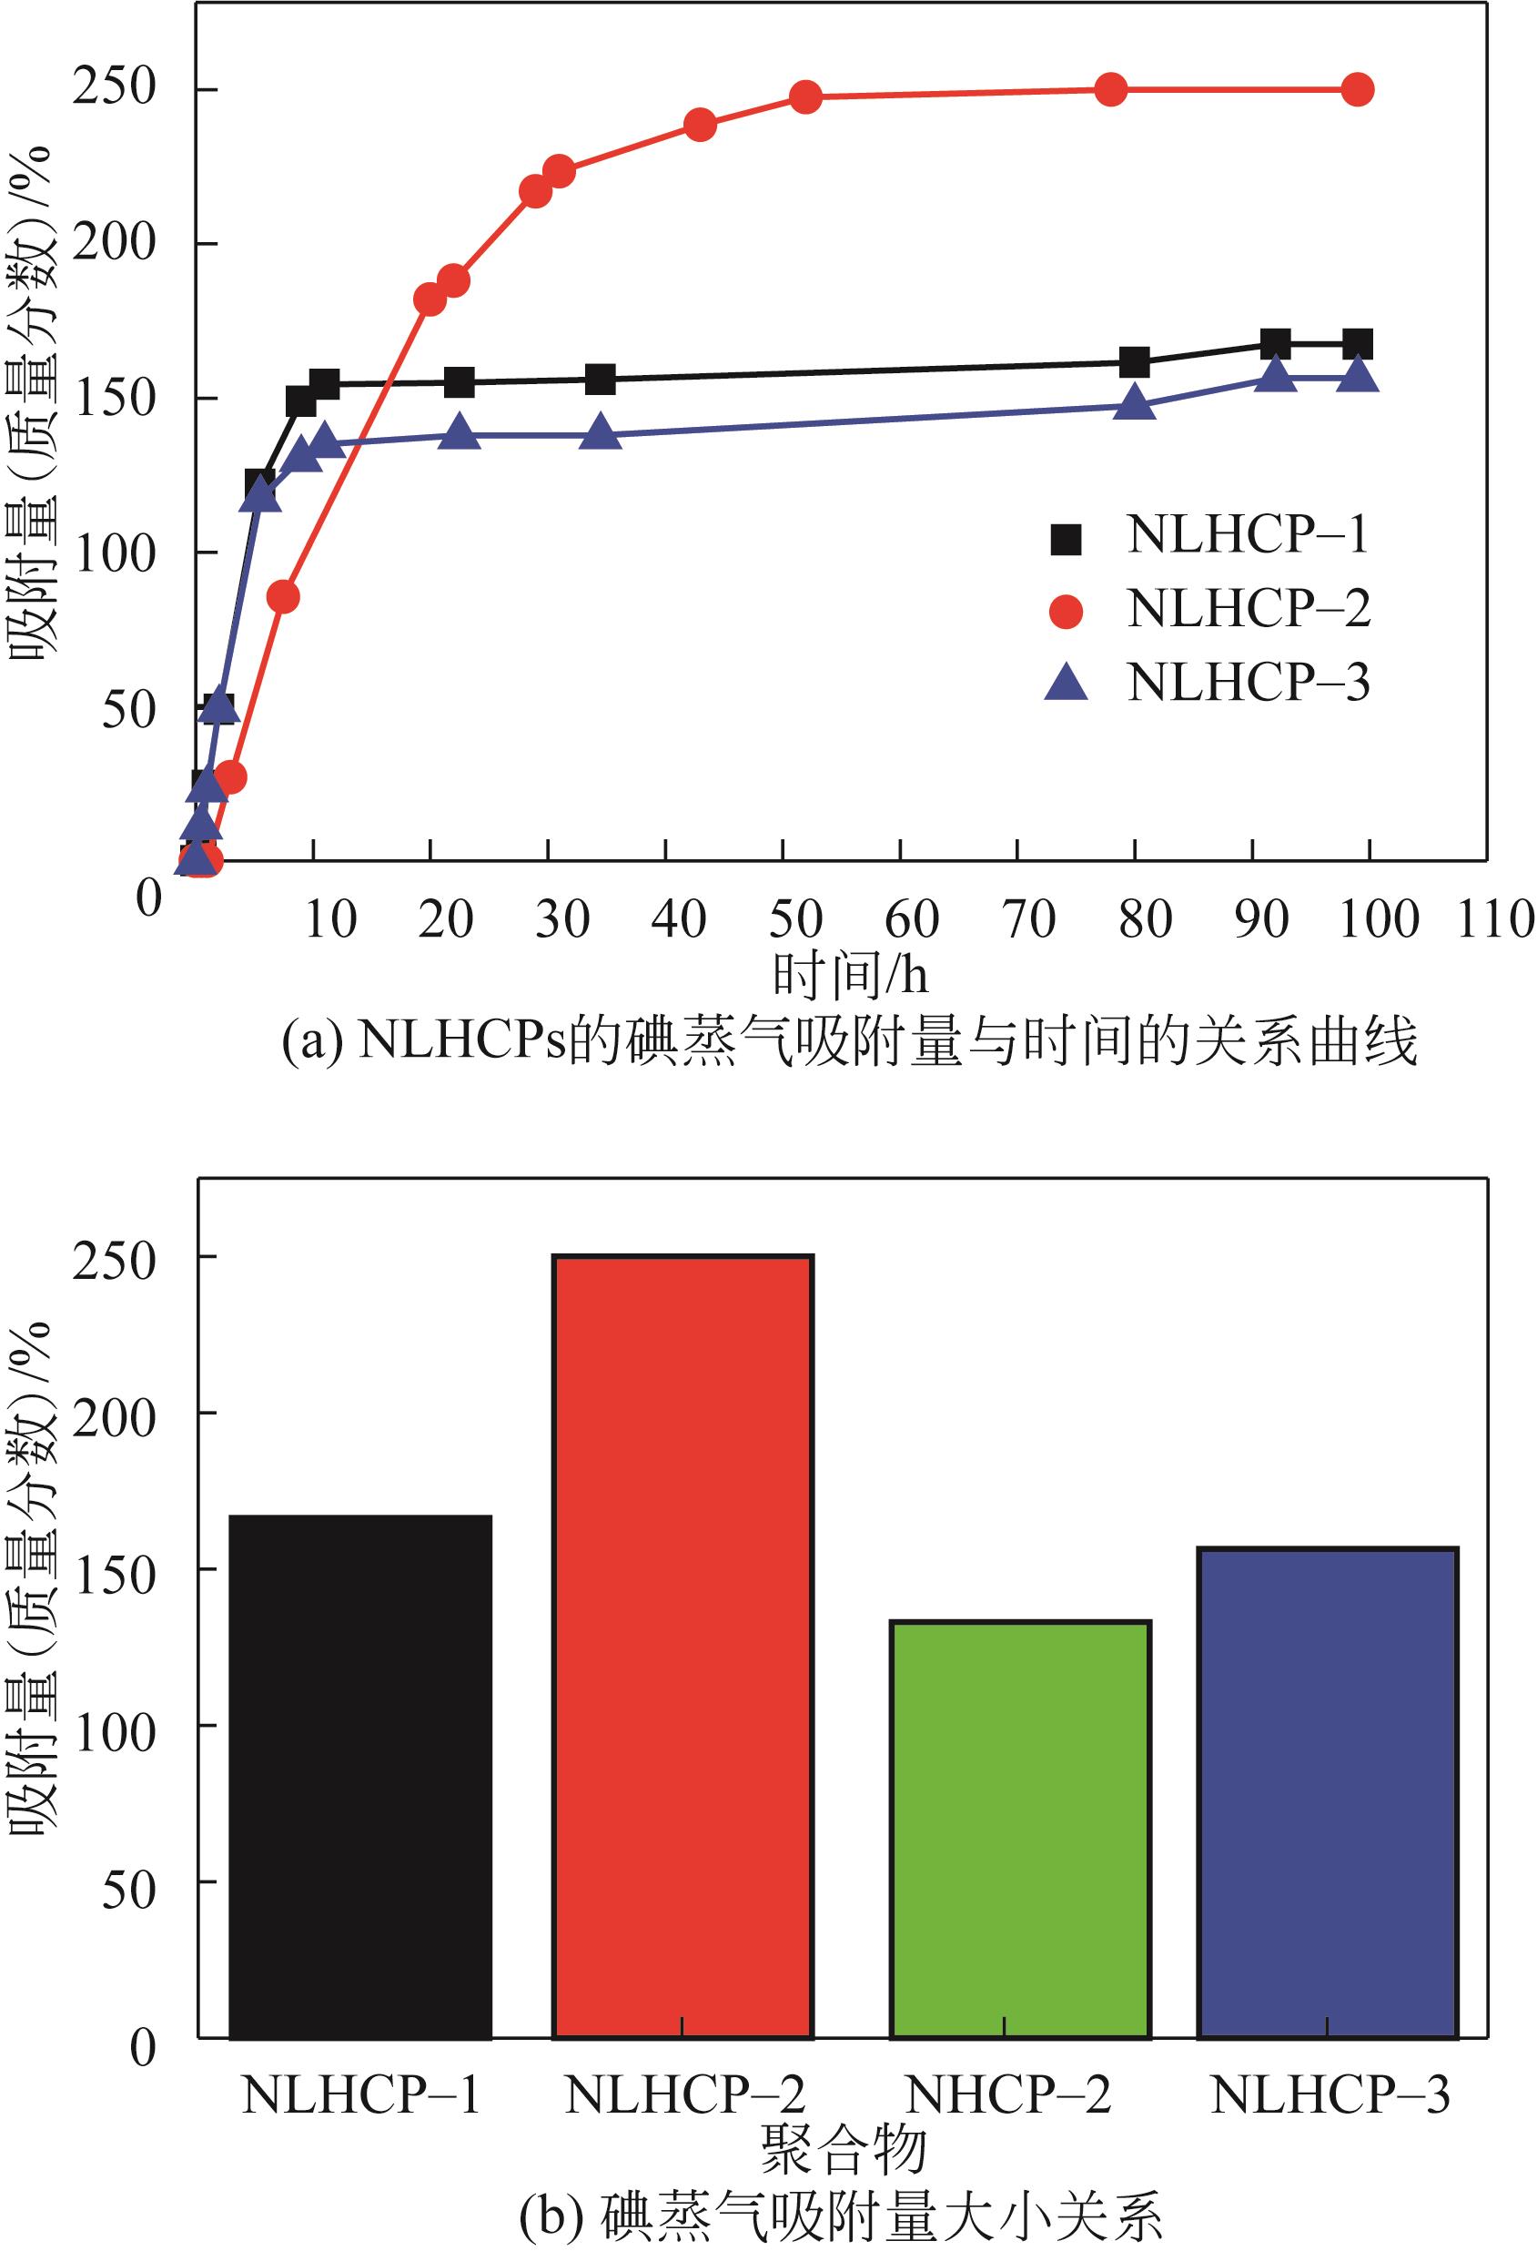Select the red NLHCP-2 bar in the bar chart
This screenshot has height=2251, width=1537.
(683, 1647)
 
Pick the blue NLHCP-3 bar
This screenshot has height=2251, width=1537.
(1328, 1792)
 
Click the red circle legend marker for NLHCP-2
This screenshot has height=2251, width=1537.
(1067, 611)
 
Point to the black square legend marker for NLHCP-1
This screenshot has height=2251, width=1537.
(1067, 539)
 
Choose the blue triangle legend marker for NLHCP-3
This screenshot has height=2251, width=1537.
(1067, 683)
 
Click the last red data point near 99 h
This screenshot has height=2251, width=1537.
(1358, 90)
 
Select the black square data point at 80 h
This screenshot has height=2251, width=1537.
(1134, 363)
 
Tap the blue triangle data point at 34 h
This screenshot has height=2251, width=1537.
(602, 433)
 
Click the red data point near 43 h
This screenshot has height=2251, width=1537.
(700, 125)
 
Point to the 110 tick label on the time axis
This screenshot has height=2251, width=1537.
(1495, 919)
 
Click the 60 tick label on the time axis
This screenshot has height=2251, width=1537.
(913, 919)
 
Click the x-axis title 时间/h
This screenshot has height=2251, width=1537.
(850, 976)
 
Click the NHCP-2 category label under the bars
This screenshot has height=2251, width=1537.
(1007, 2095)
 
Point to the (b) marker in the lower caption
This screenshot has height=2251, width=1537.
(551, 2212)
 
